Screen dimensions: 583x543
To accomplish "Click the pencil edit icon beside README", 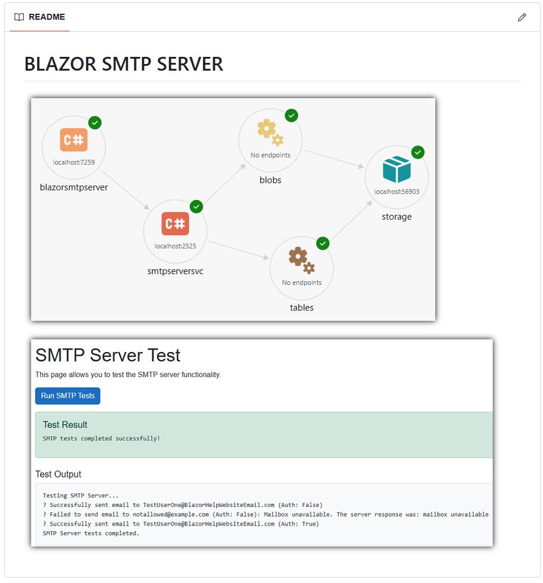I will click(521, 17).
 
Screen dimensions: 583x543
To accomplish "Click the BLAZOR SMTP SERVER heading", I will click(123, 64).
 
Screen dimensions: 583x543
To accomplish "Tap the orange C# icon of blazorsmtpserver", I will click(74, 140).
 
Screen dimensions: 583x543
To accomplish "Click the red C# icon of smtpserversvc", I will click(175, 224).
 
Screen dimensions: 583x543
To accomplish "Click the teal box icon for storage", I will click(396, 169).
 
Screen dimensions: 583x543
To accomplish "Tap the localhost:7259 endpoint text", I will click(74, 162).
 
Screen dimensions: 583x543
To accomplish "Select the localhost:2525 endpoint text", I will click(175, 246).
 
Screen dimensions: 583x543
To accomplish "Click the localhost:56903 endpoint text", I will click(396, 192).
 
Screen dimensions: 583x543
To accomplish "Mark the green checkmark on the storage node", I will click(418, 152).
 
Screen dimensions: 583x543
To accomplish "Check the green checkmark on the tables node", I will click(323, 243).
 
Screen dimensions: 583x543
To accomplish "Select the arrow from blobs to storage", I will click(333, 159).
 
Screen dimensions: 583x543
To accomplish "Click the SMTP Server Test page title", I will click(108, 355).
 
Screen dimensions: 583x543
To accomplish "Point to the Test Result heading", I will click(65, 424).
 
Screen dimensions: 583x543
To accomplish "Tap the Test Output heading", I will click(58, 474).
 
